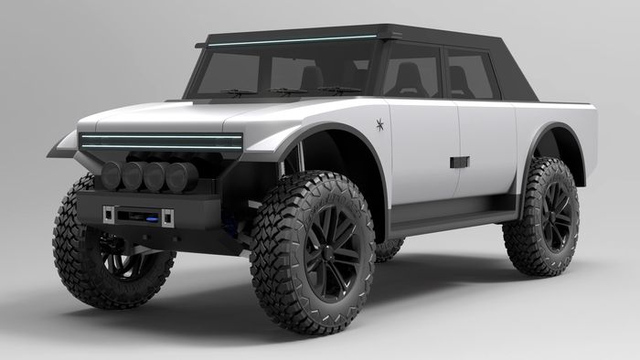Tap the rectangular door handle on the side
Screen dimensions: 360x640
click(459, 162)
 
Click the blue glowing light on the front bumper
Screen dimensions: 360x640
click(137, 216)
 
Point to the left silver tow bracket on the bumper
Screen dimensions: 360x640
click(108, 214)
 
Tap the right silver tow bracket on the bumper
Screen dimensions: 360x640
click(168, 217)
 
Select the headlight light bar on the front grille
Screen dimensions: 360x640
click(159, 141)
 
